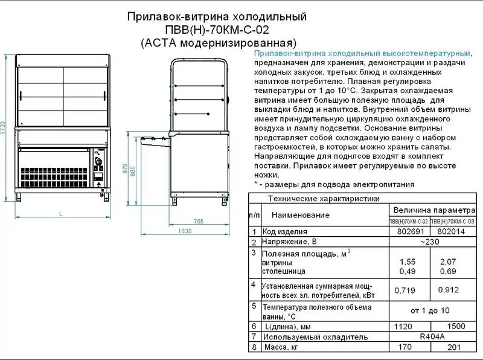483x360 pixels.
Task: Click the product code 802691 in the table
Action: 408,231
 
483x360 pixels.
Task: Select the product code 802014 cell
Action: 452,231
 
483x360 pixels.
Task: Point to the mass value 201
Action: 454,347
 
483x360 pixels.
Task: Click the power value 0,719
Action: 405,291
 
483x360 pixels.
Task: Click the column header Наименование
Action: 300,214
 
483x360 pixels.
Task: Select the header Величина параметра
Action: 431,210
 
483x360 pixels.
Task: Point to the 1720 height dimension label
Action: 4,128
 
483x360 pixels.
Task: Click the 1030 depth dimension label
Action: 185,231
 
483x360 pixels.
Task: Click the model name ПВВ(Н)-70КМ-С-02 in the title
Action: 219,30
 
